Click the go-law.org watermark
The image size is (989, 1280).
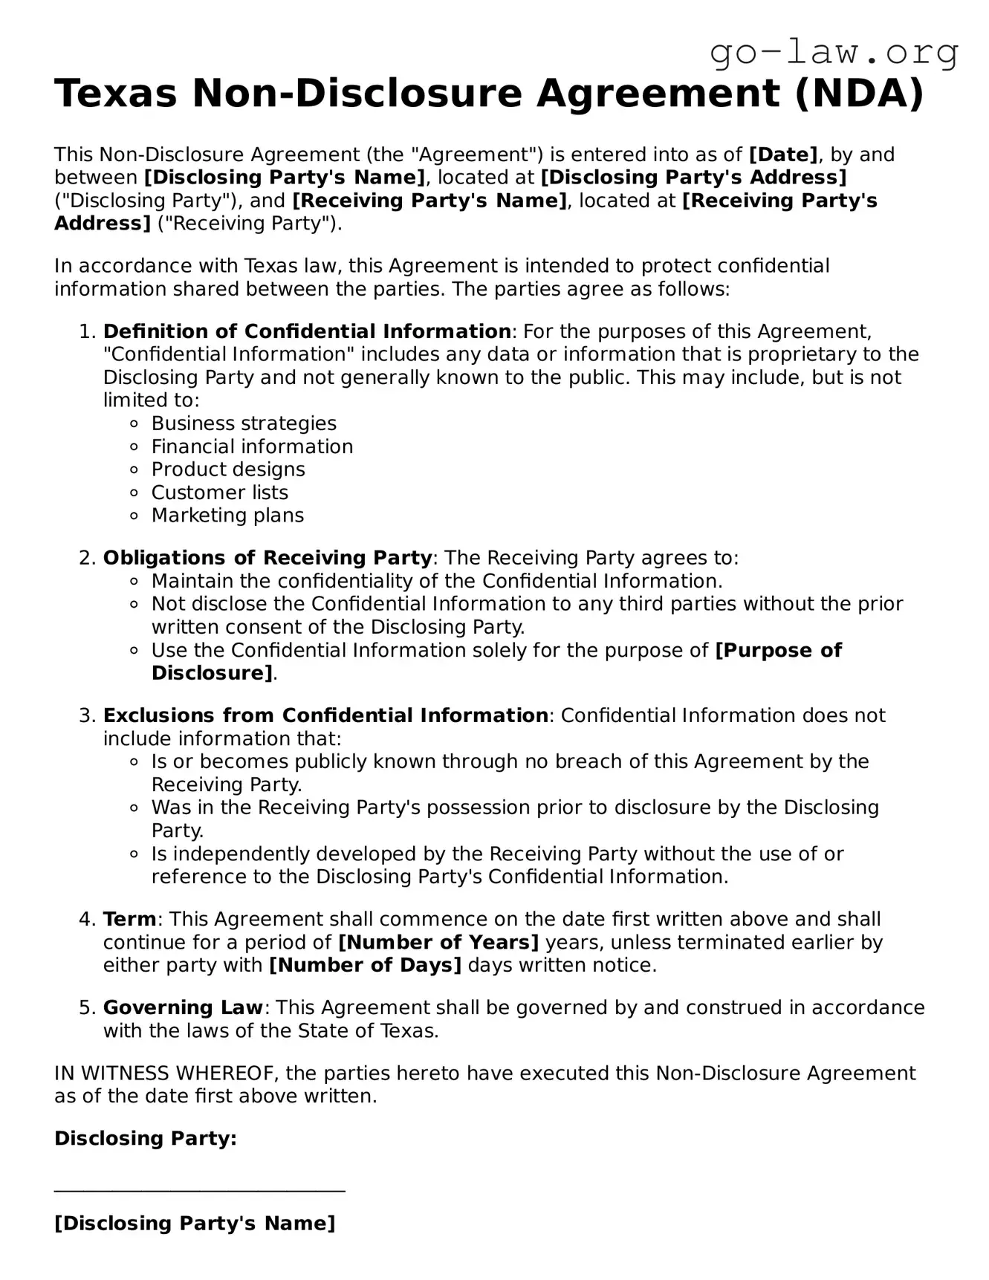coord(834,53)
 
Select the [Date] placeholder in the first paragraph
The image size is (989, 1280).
coord(783,155)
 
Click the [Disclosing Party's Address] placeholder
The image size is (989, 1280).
coord(693,178)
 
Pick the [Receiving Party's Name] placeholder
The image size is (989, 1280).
coord(429,201)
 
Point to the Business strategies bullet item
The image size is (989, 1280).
coord(244,423)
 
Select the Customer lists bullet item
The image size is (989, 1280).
coord(219,493)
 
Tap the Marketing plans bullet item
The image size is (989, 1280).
coord(227,516)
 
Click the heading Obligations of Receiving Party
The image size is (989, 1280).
coord(267,558)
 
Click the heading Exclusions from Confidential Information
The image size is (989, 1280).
coord(325,715)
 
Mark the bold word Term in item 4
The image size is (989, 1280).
coord(130,919)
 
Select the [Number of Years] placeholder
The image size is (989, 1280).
coord(438,942)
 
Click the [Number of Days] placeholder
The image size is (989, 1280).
coord(365,965)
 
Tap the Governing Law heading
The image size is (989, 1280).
coord(183,1007)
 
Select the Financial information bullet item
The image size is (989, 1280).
coord(252,446)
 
